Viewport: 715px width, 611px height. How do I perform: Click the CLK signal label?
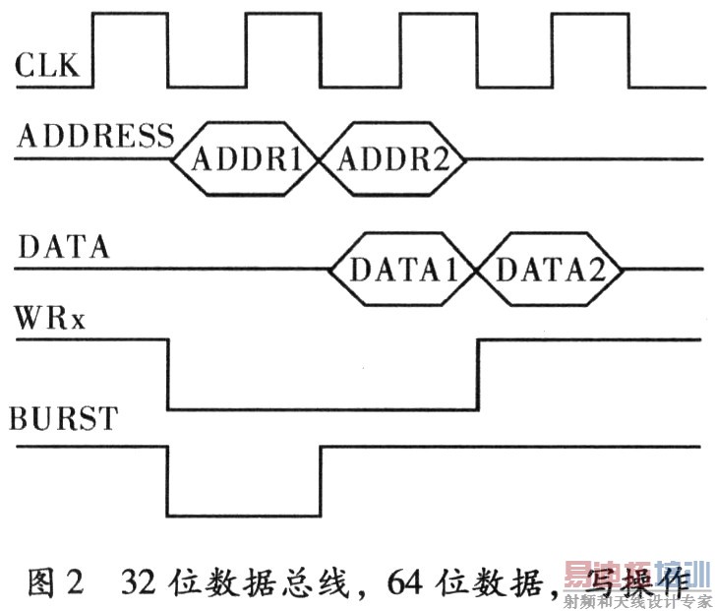tap(47, 65)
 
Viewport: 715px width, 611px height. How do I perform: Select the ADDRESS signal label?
tap(95, 136)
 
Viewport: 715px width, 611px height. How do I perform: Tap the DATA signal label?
tap(63, 247)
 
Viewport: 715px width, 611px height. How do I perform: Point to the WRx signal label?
tap(50, 318)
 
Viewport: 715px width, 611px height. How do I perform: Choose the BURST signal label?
tap(63, 418)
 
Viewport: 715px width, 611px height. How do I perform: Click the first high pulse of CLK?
tap(131, 15)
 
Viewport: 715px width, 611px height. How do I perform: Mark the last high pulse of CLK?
tap(590, 15)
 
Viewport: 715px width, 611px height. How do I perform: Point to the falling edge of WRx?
tap(168, 374)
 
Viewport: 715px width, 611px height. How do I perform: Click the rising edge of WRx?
tap(478, 374)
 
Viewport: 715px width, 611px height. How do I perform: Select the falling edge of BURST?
tap(168, 481)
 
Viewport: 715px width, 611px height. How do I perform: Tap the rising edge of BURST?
tap(321, 481)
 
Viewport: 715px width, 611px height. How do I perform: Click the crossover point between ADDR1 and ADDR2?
tap(320, 159)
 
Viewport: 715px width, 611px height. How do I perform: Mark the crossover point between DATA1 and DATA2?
tap(476, 270)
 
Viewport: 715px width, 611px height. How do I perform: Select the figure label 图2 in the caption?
tap(56, 581)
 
